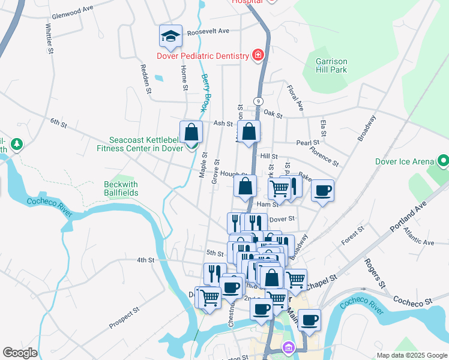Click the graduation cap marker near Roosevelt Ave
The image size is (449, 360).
pyautogui.click(x=171, y=36)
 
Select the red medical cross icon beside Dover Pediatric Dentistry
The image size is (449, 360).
pyautogui.click(x=258, y=56)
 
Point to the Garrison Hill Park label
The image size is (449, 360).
pyautogui.click(x=331, y=65)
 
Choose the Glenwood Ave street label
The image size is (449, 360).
pyautogui.click(x=73, y=9)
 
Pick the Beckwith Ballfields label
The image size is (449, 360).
pyautogui.click(x=121, y=188)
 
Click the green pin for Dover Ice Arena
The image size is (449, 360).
pyautogui.click(x=443, y=161)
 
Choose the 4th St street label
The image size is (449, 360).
pyautogui.click(x=146, y=260)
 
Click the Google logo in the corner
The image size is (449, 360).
pyautogui.click(x=20, y=353)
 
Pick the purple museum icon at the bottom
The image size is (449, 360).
pyautogui.click(x=289, y=347)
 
